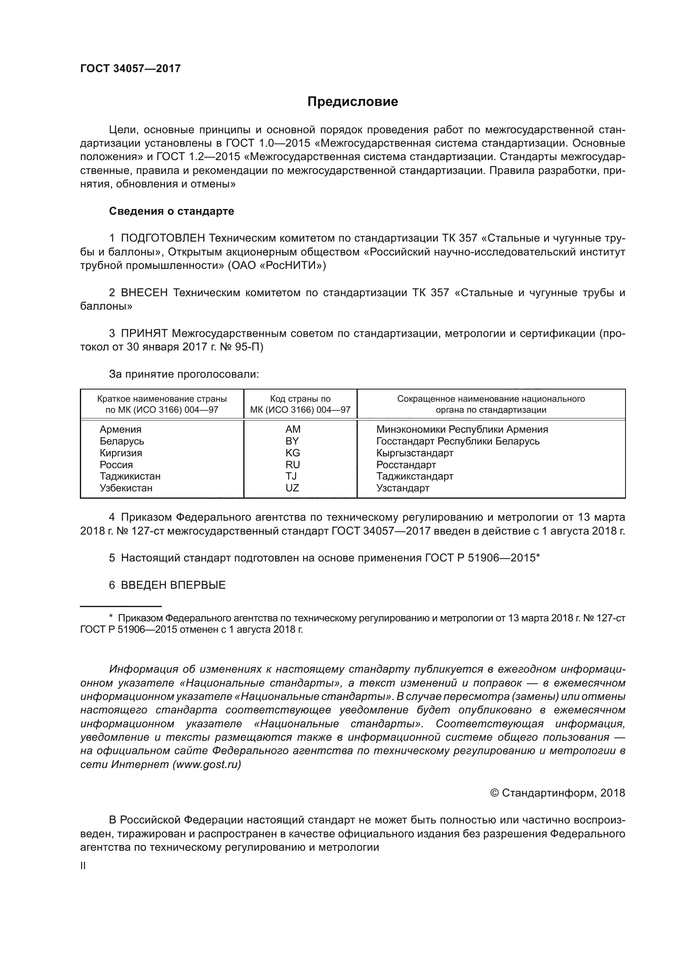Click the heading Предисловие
coord(352,102)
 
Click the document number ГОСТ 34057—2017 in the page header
coord(130,68)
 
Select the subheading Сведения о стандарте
coord(172,211)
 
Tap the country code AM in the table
coord(293,429)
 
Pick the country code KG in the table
coord(293,453)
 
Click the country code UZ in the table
coord(292,488)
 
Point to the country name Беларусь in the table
coord(121,441)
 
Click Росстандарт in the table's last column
coord(406,464)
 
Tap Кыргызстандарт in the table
coord(414,453)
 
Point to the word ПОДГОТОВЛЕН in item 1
coord(163,238)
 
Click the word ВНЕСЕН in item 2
coord(144,293)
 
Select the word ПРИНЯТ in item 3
coord(144,333)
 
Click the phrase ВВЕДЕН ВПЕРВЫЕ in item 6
coord(173,585)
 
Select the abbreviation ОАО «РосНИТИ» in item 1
coord(277,265)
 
